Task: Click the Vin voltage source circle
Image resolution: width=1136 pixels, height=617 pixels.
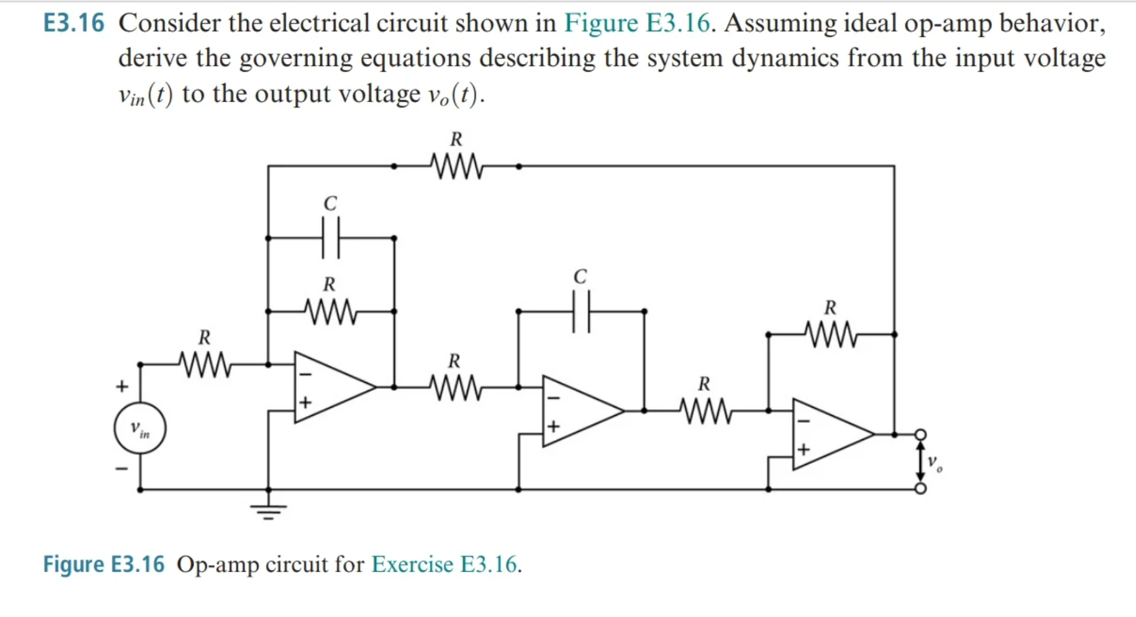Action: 140,428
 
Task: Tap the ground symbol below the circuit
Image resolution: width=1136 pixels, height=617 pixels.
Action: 268,509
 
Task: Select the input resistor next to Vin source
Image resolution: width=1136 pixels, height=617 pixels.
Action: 204,364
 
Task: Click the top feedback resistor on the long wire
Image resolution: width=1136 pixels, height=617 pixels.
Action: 456,167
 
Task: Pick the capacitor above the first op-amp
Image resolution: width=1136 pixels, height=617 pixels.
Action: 331,238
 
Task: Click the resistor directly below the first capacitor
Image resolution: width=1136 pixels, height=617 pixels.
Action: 330,311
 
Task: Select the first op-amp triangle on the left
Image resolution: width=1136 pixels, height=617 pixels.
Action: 328,388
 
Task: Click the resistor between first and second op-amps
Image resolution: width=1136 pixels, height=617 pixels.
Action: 455,388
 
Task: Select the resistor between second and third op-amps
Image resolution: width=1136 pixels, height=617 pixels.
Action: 705,411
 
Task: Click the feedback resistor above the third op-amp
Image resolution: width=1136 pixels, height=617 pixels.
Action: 830,334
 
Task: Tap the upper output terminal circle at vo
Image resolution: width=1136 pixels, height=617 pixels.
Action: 921,434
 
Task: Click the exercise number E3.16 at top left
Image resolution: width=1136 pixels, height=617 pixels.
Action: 74,24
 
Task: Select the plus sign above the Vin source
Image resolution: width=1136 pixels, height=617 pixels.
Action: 122,386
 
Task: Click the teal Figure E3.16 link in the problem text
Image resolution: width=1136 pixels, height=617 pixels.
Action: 637,24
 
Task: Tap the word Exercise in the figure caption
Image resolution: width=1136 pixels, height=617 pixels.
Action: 412,564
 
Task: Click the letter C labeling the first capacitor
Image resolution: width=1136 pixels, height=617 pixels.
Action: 330,204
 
